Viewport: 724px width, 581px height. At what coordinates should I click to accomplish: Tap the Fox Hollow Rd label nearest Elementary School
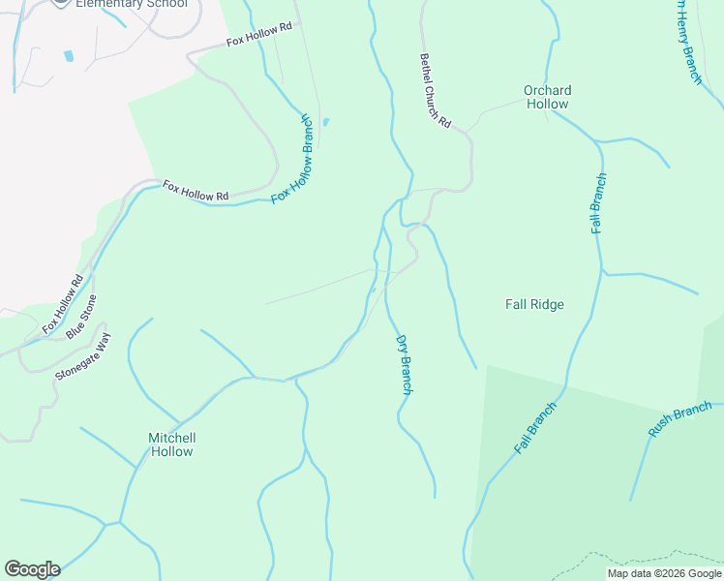coord(258,36)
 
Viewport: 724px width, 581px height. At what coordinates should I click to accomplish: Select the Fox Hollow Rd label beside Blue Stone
coord(63,305)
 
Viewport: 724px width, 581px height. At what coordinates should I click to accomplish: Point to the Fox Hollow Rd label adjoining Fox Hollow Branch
coord(196,191)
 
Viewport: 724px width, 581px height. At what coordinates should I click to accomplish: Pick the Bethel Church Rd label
coord(435,90)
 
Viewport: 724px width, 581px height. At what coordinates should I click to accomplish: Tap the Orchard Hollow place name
coord(547,97)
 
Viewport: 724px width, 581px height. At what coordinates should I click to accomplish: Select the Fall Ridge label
coord(534,304)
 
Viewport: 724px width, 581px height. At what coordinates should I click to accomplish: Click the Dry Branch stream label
coord(406,364)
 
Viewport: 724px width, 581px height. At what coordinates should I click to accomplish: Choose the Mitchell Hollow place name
coord(171,444)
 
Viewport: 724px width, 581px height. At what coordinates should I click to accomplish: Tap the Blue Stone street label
coord(82,317)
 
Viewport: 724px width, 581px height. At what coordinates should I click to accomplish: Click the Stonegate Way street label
coord(84,358)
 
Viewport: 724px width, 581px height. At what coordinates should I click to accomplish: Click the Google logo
coord(32,569)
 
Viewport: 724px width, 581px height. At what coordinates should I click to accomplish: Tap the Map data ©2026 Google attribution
coord(664,573)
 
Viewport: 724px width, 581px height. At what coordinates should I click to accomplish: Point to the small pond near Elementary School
coord(69,56)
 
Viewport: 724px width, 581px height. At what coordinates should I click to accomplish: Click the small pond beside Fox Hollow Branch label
coord(325,122)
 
